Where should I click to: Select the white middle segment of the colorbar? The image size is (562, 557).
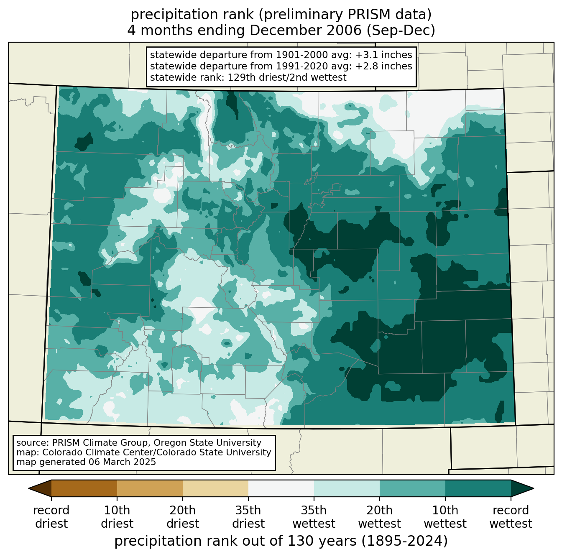point(281,488)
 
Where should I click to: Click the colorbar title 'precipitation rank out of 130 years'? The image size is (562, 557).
point(235,541)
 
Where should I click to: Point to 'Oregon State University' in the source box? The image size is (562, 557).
point(207,442)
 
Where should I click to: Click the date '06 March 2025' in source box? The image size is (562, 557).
point(121,462)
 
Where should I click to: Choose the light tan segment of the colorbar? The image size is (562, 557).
point(215,488)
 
